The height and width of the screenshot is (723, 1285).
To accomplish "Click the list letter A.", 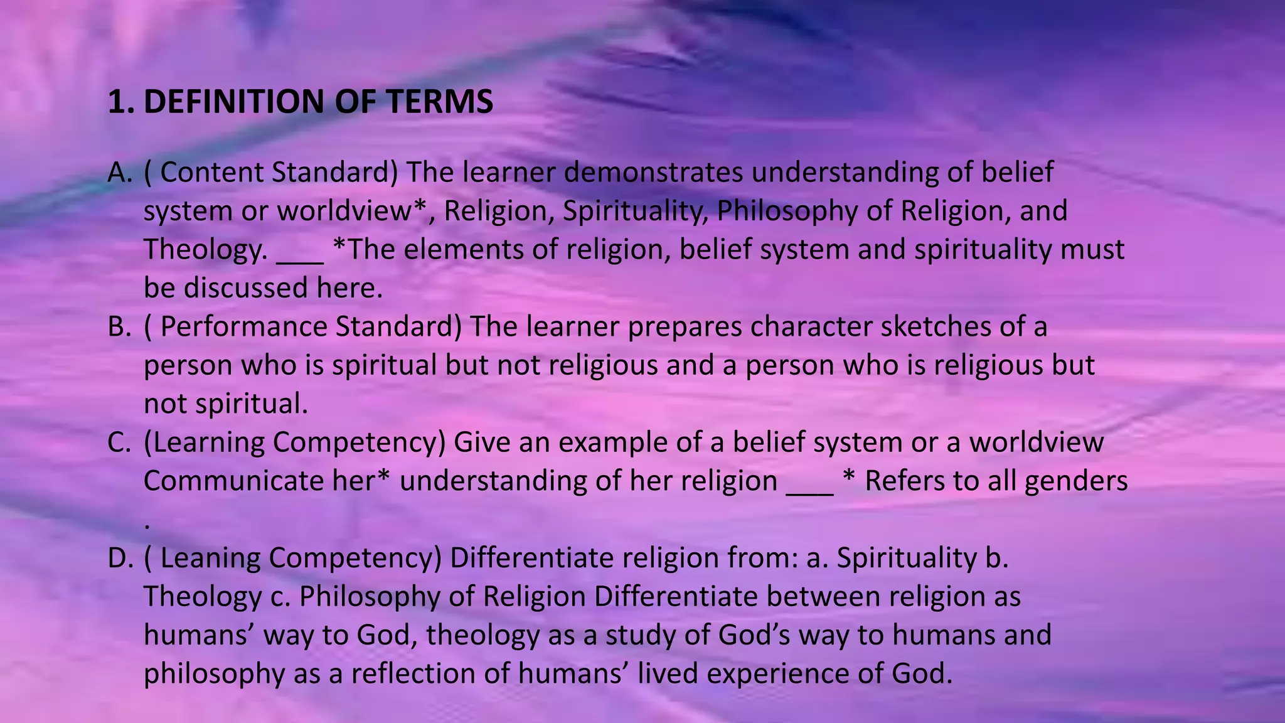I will click(120, 173).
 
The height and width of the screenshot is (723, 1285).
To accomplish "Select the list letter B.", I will click(119, 327).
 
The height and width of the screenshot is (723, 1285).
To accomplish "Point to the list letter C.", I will click(119, 442).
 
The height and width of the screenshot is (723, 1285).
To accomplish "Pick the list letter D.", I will click(120, 558).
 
